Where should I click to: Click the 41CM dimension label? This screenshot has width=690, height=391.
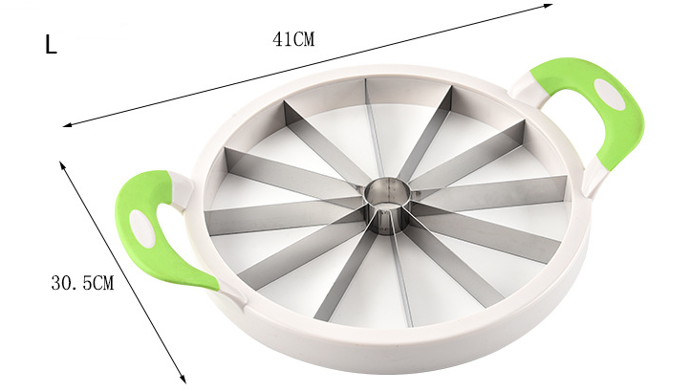click(293, 39)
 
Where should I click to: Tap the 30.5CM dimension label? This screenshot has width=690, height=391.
click(81, 283)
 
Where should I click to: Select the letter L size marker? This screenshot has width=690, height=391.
click(51, 45)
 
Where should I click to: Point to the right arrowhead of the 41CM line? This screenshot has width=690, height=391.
click(551, 8)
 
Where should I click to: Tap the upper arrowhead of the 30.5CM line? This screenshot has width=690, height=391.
click(63, 164)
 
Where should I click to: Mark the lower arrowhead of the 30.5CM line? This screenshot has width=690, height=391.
click(182, 376)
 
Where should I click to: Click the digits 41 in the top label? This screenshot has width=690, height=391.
click(281, 39)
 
